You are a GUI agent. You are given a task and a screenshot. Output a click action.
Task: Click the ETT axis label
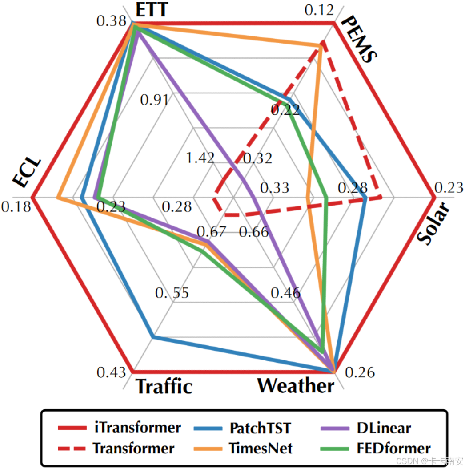click(x=152, y=9)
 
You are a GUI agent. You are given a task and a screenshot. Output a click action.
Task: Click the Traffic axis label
click(x=164, y=386)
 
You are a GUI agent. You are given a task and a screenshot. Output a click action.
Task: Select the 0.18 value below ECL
click(x=16, y=207)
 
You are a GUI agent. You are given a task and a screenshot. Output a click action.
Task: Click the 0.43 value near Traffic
click(x=111, y=372)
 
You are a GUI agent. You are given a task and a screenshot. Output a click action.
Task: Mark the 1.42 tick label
click(x=200, y=158)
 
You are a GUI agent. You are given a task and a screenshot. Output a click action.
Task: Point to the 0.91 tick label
click(x=154, y=100)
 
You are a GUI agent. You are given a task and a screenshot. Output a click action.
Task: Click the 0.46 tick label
click(x=286, y=293)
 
